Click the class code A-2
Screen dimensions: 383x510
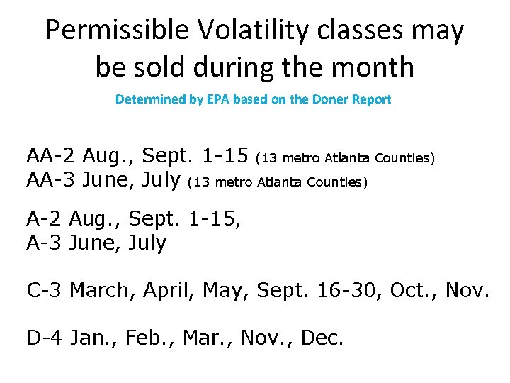(45, 217)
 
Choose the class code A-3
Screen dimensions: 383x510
(45, 243)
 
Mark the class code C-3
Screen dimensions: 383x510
(45, 290)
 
